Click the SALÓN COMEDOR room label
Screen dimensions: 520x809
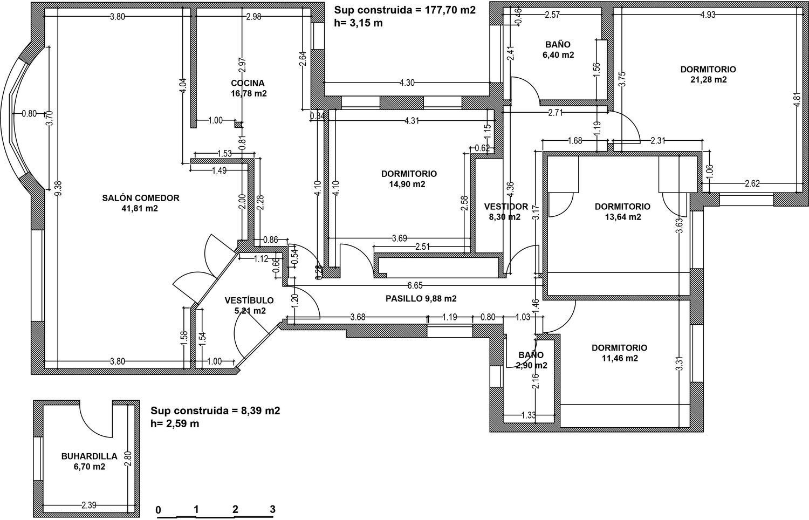pyautogui.click(x=140, y=198)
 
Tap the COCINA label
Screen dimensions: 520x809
pyautogui.click(x=248, y=83)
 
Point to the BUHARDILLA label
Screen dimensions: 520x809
pyautogui.click(x=89, y=456)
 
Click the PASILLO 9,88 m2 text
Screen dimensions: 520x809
pyautogui.click(x=421, y=298)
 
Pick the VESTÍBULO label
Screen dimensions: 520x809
pyautogui.click(x=249, y=300)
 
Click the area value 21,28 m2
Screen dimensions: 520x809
pyautogui.click(x=708, y=80)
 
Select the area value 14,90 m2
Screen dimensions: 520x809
pyautogui.click(x=409, y=184)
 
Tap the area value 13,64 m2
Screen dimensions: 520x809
pyautogui.click(x=622, y=217)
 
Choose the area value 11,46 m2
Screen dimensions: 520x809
pyautogui.click(x=619, y=358)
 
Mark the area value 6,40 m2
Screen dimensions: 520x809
pyautogui.click(x=558, y=54)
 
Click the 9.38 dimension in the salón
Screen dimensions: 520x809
pyautogui.click(x=58, y=188)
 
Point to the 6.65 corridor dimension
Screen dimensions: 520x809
pyautogui.click(x=415, y=285)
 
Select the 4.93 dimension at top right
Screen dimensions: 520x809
pyautogui.click(x=708, y=15)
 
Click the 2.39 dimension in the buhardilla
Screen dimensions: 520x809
pyautogui.click(x=88, y=505)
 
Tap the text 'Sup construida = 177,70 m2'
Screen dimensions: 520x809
pyautogui.click(x=404, y=10)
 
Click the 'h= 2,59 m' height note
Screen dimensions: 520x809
pyautogui.click(x=175, y=424)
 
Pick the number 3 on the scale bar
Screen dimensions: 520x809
pyautogui.click(x=272, y=509)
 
